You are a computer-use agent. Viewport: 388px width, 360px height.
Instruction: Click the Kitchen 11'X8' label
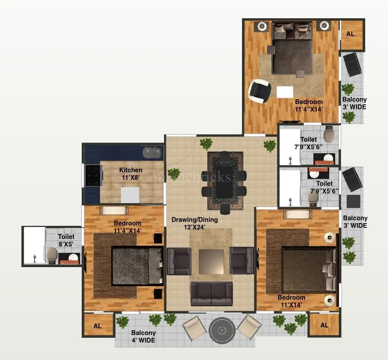pyautogui.click(x=131, y=174)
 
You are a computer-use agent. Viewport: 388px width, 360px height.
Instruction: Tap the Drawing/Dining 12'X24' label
pyautogui.click(x=194, y=223)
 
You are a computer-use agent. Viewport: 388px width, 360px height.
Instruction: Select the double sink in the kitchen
pyautogui.click(x=152, y=152)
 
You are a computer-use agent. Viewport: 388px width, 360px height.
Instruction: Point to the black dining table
pyautogui.click(x=224, y=181)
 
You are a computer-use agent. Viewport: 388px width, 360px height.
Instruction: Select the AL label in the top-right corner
pyautogui.click(x=350, y=34)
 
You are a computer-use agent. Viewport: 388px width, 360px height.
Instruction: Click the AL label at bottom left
pyautogui.click(x=98, y=326)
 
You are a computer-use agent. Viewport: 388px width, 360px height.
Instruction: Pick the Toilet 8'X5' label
pyautogui.click(x=66, y=241)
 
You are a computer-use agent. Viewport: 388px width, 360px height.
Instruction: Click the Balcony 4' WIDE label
pyautogui.click(x=143, y=337)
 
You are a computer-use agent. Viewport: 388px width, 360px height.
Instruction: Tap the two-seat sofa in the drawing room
pyautogui.click(x=211, y=294)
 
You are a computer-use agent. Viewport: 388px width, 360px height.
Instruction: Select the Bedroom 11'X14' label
pyautogui.click(x=291, y=301)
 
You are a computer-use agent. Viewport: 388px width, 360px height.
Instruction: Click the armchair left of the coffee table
pyautogui.click(x=179, y=261)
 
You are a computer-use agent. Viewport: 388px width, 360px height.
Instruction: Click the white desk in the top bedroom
pyautogui.click(x=285, y=92)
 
